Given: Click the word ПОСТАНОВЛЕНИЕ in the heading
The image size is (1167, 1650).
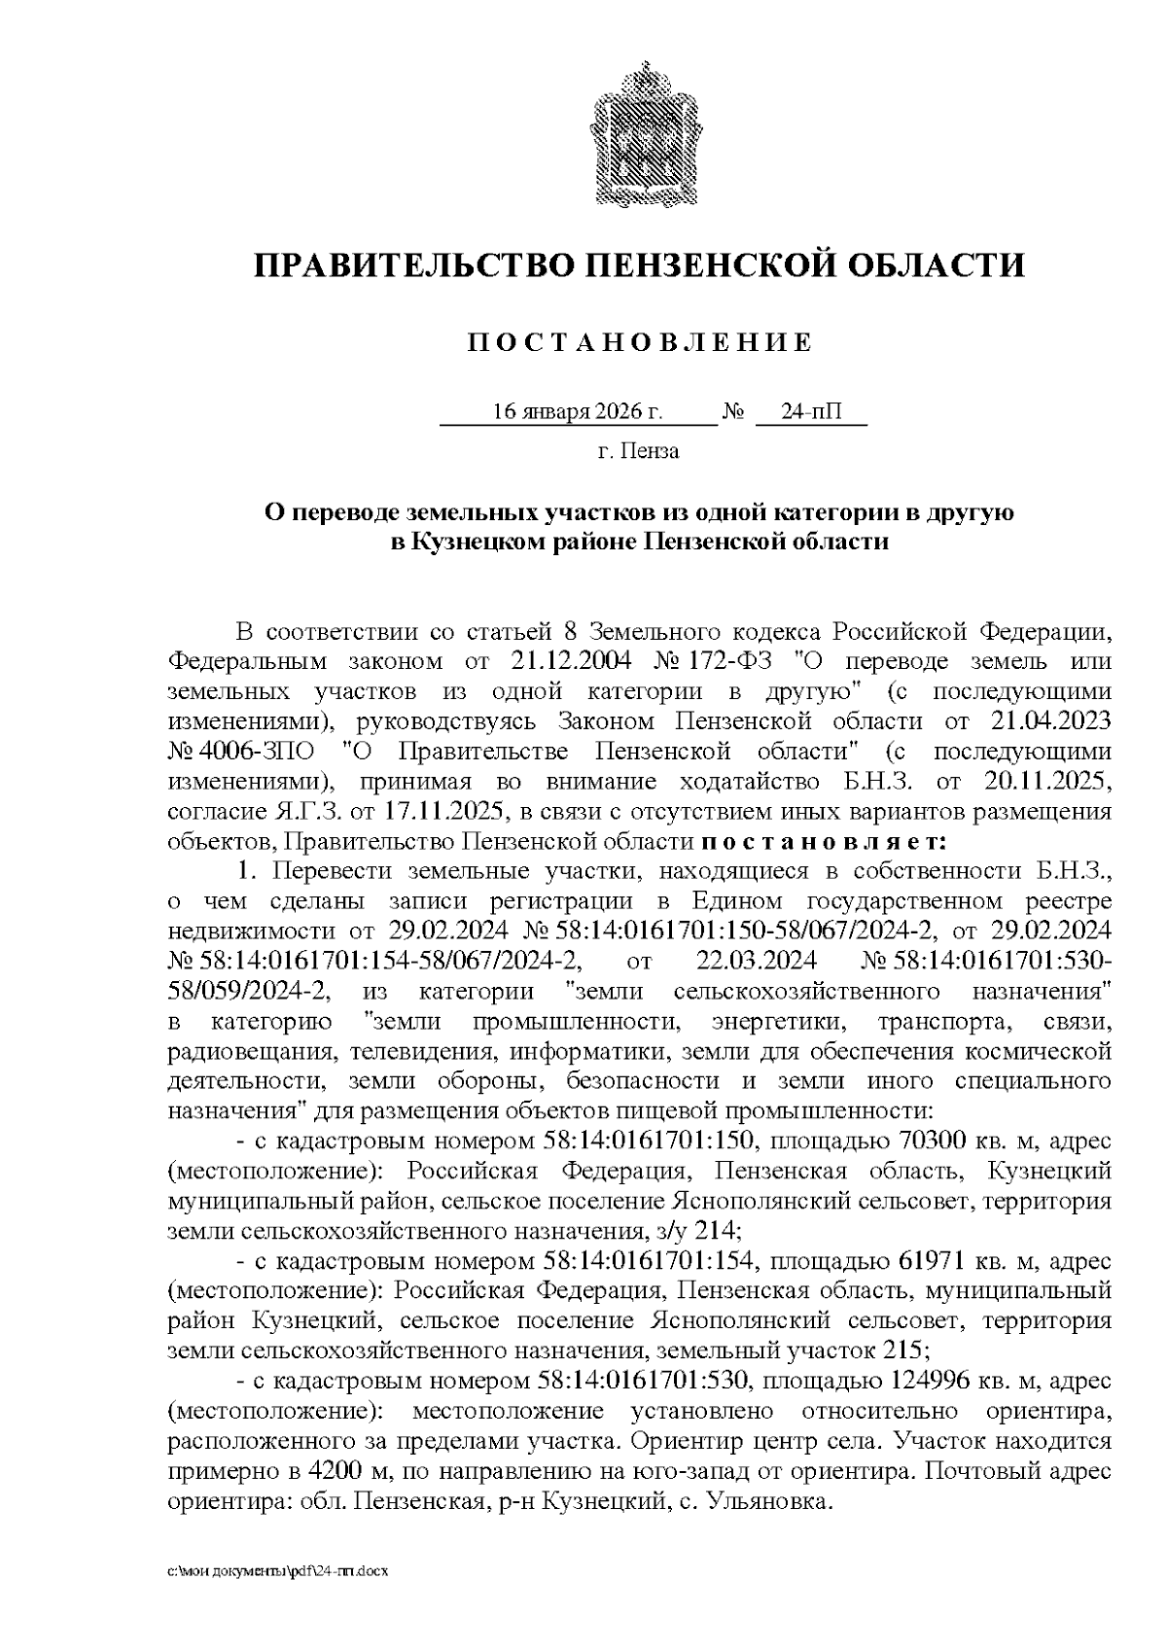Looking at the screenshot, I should (x=639, y=342).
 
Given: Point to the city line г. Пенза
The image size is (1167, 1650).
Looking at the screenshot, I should (x=639, y=451).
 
